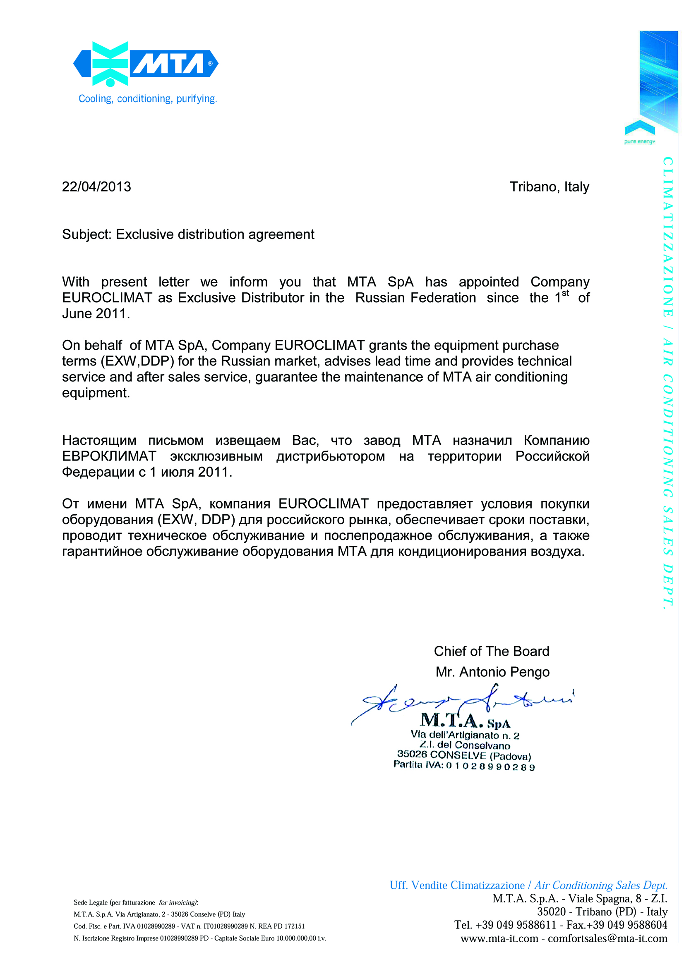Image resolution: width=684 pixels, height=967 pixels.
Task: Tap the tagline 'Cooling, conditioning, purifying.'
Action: click(x=147, y=99)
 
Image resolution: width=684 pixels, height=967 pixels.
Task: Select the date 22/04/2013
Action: click(x=96, y=186)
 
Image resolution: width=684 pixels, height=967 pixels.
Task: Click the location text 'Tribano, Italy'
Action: click(x=549, y=186)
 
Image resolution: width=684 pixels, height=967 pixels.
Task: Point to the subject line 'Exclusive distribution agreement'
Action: click(x=215, y=234)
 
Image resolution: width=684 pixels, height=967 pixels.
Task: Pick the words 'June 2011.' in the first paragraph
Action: click(x=96, y=313)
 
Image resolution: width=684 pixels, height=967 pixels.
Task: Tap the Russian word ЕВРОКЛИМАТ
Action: click(x=109, y=456)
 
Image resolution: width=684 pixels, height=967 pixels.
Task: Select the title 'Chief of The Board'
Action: click(x=492, y=651)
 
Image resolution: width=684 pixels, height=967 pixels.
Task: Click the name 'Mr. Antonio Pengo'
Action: click(x=492, y=672)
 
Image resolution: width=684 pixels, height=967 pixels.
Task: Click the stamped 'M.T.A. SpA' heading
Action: click(x=465, y=720)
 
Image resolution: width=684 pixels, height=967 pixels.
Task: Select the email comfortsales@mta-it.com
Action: click(x=607, y=938)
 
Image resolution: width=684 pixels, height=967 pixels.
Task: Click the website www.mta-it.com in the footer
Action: click(x=499, y=938)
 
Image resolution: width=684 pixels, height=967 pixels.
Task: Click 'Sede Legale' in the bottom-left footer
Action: click(x=91, y=903)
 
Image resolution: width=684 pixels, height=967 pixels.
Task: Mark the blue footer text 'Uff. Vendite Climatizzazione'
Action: click(x=457, y=885)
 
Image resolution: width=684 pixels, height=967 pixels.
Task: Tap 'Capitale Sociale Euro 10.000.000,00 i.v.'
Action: click(x=270, y=938)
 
